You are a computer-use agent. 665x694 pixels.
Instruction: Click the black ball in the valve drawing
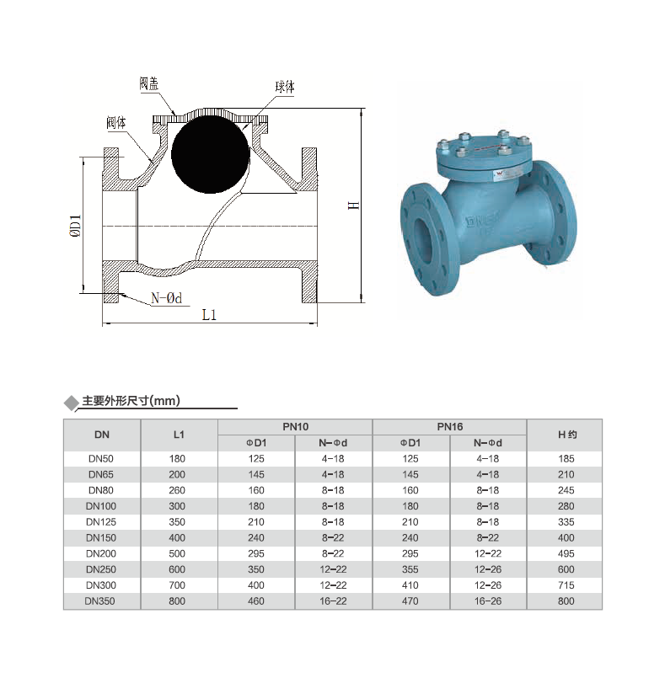tap(211, 154)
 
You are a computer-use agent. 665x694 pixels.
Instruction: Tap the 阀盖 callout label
tap(149, 83)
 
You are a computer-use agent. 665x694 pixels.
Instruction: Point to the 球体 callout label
tap(284, 87)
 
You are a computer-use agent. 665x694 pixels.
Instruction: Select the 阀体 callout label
tap(116, 122)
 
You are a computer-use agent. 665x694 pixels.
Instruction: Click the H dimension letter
tap(353, 205)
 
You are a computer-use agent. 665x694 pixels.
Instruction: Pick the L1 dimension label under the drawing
tap(209, 315)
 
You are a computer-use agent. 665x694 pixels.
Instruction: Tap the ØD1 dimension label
tap(76, 226)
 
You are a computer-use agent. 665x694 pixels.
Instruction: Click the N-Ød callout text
tap(167, 298)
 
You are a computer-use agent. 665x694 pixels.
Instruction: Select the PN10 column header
tap(296, 427)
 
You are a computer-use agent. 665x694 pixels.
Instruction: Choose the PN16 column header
tap(450, 427)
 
